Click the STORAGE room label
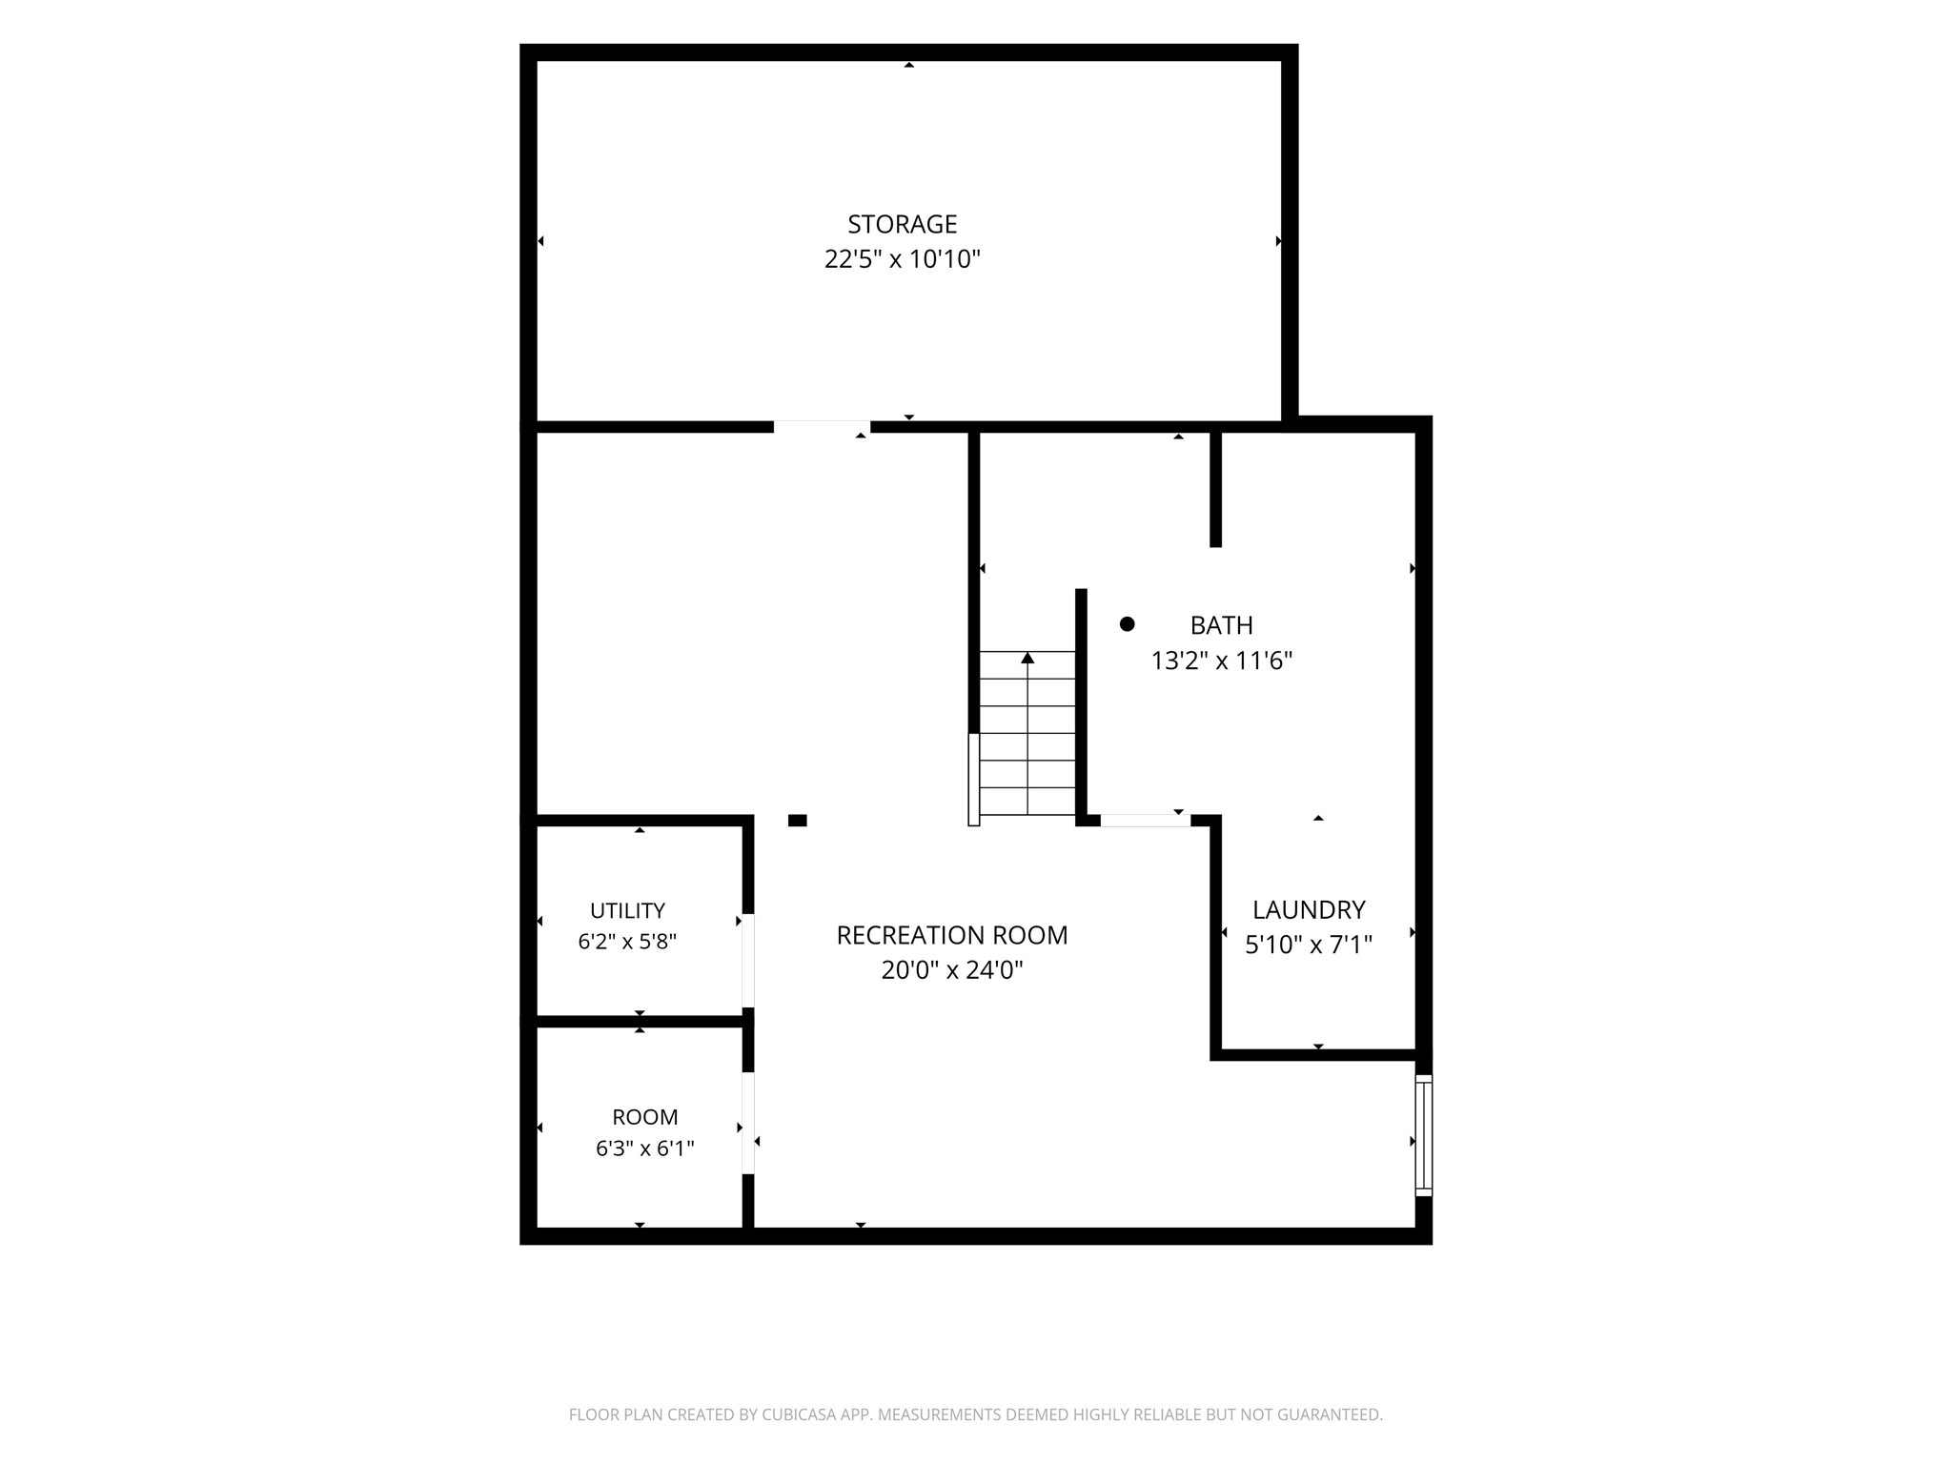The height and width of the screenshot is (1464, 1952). [x=903, y=224]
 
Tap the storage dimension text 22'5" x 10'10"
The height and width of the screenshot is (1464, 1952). [x=903, y=259]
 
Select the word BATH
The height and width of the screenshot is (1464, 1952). [x=1221, y=625]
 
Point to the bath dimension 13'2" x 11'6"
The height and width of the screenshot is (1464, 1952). [x=1221, y=661]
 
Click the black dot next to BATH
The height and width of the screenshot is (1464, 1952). [x=1127, y=624]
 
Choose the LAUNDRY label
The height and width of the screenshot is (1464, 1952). [x=1309, y=909]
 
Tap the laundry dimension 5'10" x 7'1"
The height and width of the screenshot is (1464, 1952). [x=1309, y=945]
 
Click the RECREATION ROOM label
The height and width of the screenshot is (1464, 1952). [x=952, y=935]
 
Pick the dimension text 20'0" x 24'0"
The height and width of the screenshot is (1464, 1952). [x=952, y=970]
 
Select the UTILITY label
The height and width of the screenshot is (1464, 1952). [x=627, y=910]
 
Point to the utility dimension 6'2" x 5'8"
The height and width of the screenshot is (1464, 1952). [x=627, y=942]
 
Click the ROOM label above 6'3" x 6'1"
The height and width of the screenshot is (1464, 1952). [x=645, y=1117]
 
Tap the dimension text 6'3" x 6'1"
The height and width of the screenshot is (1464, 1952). [x=645, y=1149]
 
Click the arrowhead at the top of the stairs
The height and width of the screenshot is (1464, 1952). [x=1027, y=658]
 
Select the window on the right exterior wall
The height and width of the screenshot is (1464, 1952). [x=1424, y=1135]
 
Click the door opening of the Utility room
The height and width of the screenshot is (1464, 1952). [x=748, y=961]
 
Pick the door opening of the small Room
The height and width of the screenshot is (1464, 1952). [x=748, y=1123]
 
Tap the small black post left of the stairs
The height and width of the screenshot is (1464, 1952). [x=798, y=821]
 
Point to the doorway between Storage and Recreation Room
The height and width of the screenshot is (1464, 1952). [x=822, y=426]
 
